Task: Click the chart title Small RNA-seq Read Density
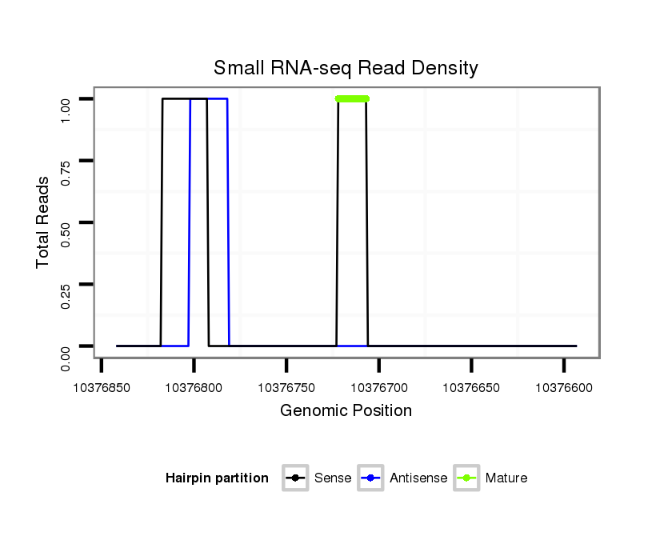coord(346,68)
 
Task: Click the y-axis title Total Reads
coord(44,222)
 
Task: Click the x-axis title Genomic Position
coord(346,411)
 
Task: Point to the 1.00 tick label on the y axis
coord(67,99)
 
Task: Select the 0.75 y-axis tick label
coord(67,161)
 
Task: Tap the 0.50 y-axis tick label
coord(67,222)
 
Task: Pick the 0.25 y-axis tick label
coord(67,284)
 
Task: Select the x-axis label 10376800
coord(194,387)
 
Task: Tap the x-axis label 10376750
coord(286,387)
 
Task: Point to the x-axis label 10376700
coord(379,387)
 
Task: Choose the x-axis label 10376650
coord(471,387)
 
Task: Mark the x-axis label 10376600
coord(564,387)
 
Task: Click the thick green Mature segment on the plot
coord(352,98)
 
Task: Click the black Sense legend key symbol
coord(295,478)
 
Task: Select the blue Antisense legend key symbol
coord(371,478)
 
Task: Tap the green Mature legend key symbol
coord(466,478)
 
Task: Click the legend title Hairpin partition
coord(217,478)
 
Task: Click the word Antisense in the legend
coord(418,478)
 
